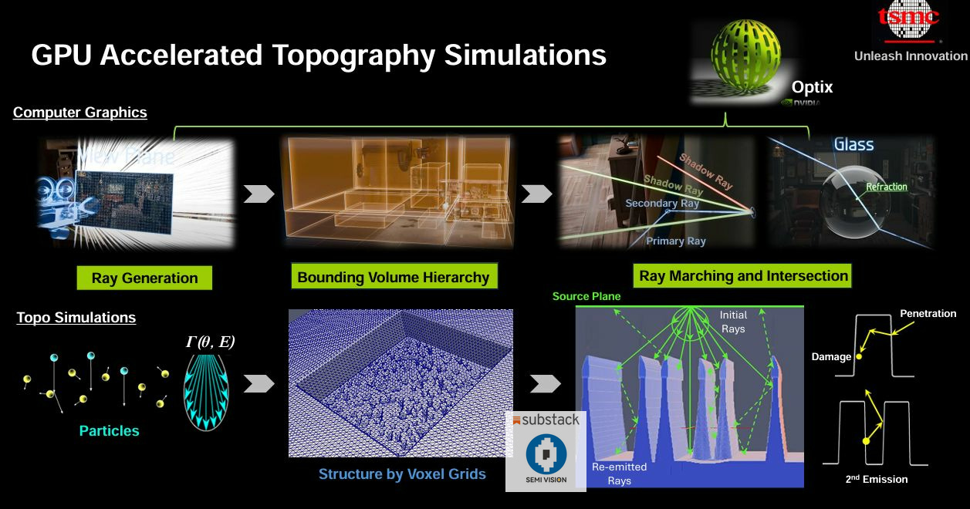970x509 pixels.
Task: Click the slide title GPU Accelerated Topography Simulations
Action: (319, 56)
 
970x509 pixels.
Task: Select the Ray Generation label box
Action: (144, 278)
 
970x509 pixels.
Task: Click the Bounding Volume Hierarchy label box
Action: (393, 277)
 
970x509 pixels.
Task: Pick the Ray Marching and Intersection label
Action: (743, 275)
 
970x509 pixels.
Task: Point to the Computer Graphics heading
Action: (79, 113)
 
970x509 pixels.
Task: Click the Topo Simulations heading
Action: (76, 318)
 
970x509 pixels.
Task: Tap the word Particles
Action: (110, 430)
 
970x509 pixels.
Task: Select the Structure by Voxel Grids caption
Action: (402, 474)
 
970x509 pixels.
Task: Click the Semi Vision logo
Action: (546, 460)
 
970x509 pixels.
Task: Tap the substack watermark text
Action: (546, 420)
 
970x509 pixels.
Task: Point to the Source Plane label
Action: (586, 296)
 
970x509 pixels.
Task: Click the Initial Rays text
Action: (733, 321)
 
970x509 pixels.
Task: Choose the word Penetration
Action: (928, 314)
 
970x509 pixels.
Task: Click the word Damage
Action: (831, 357)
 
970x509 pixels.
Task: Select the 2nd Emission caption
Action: (877, 479)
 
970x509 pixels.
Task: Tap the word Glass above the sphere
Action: (853, 144)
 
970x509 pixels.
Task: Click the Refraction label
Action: (887, 187)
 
